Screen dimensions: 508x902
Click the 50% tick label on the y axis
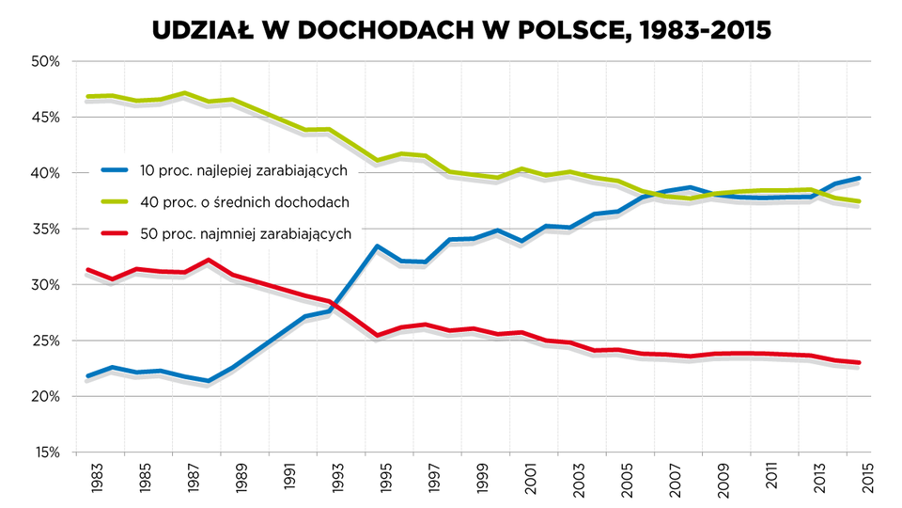(x=45, y=61)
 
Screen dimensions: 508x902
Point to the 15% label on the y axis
(x=45, y=452)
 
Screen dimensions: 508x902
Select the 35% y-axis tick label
(x=45, y=229)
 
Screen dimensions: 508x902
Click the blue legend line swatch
(x=115, y=170)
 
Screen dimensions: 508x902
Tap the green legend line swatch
(x=115, y=201)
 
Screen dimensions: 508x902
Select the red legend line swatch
(x=115, y=232)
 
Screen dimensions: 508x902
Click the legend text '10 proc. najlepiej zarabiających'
(x=243, y=170)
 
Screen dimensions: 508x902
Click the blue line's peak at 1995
(x=377, y=246)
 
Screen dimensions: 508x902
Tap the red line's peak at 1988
(x=209, y=261)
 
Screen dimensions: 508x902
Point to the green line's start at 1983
(x=87, y=96)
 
